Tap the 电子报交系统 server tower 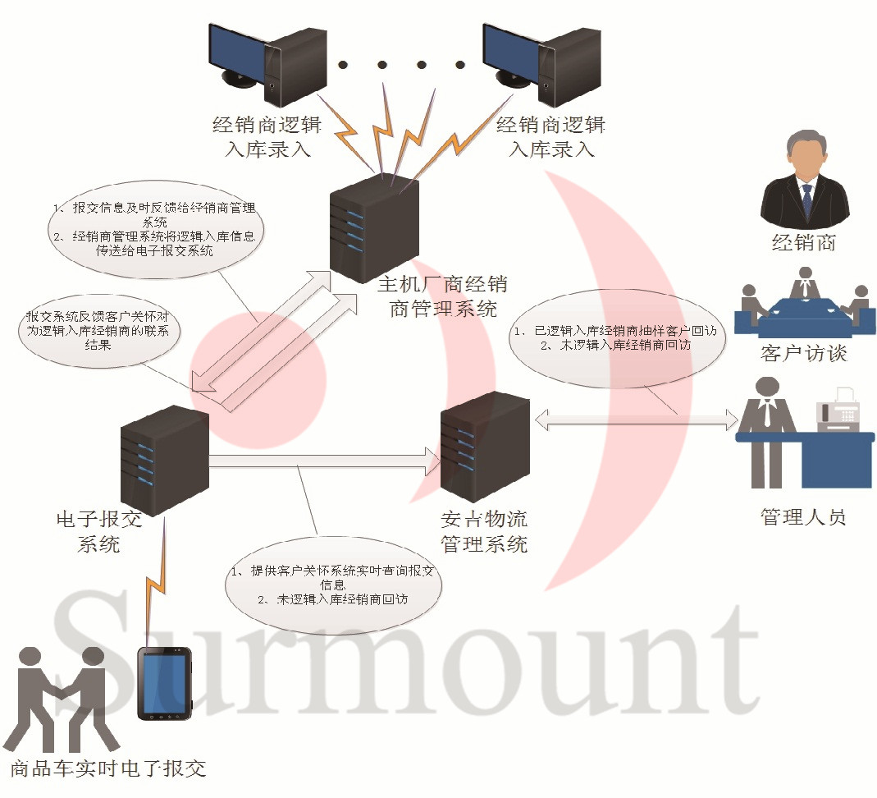164,460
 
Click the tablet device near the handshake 164,683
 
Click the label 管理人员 803,517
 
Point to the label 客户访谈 803,354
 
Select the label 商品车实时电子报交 108,769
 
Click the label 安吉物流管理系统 484,531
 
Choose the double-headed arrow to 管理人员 636,421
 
